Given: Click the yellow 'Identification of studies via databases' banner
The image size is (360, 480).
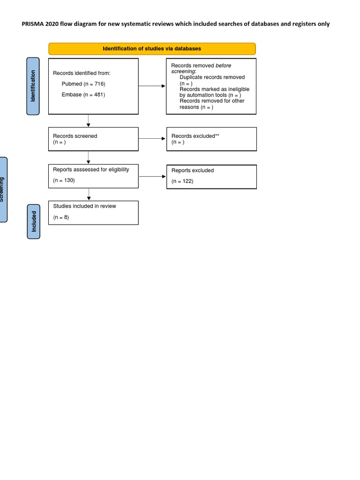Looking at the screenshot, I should tap(152, 49).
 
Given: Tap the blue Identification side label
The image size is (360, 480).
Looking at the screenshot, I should tap(33, 86).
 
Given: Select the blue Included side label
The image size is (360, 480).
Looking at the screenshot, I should tap(33, 221).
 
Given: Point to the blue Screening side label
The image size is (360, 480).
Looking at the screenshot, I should tap(2, 189).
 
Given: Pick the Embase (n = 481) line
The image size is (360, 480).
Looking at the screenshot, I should tap(83, 95).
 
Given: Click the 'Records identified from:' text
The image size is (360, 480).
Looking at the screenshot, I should tap(82, 73).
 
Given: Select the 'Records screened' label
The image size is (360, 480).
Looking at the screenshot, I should tap(75, 136).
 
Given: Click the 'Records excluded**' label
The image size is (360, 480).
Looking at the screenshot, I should tap(195, 136).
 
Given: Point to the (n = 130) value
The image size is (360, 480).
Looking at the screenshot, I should tap(64, 180).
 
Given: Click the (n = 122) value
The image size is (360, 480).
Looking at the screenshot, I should tap(182, 181).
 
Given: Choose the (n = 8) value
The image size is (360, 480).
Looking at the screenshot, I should tap(61, 217).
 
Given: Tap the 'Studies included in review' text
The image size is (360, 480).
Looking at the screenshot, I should tap(84, 206).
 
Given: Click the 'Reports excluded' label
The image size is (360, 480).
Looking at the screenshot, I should tap(192, 171).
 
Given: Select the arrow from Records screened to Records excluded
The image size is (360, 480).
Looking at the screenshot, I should tap(152, 139).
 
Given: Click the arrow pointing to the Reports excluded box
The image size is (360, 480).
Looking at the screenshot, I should tap(152, 176).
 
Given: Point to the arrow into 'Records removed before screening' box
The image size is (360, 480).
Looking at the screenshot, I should tap(152, 86).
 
